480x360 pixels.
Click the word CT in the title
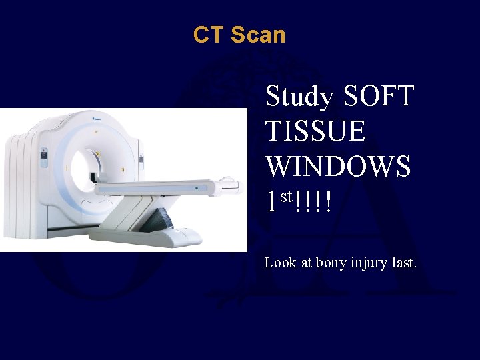click(x=207, y=34)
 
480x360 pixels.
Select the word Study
click(x=299, y=97)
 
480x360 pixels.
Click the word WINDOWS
click(x=337, y=167)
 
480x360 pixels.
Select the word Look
click(x=280, y=263)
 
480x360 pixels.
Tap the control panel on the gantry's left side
click(x=43, y=157)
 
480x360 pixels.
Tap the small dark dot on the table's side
click(x=197, y=189)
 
